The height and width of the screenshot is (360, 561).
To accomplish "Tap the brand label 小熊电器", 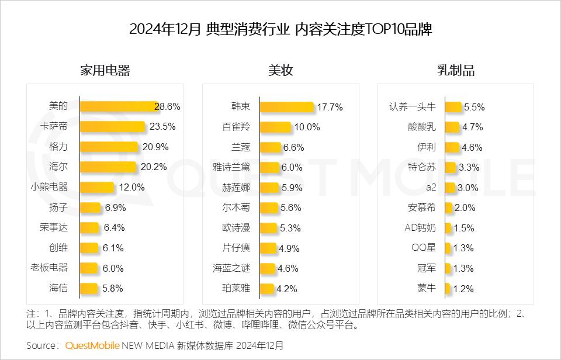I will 49,187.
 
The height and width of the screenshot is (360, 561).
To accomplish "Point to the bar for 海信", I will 89,288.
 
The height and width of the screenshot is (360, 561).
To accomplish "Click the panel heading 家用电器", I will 105,71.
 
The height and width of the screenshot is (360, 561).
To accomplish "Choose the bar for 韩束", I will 287,107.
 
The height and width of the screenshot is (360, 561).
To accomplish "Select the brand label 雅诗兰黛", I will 231,167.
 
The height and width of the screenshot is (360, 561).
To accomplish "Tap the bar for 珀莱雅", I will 266,288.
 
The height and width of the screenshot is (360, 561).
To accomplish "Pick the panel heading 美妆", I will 280,71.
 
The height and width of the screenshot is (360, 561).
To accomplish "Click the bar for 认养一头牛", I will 453,107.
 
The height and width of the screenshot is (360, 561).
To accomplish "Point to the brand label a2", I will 431,187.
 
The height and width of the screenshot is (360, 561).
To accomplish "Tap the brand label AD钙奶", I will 420,227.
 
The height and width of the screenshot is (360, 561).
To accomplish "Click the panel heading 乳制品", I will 456,71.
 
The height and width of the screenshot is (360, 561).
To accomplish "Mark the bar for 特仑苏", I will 450,167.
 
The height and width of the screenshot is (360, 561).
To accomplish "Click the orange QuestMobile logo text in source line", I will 92,345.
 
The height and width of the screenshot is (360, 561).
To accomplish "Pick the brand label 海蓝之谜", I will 231,268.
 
